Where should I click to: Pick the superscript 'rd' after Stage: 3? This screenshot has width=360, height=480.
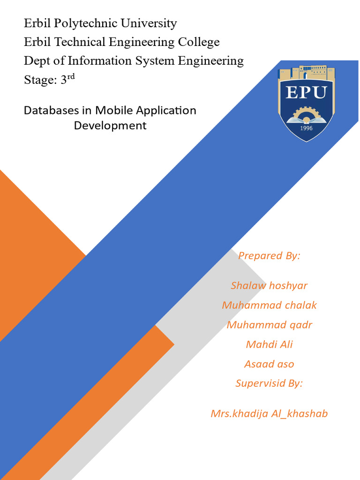pyautogui.click(x=71, y=77)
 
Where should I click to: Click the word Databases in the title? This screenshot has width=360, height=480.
pyautogui.click(x=51, y=111)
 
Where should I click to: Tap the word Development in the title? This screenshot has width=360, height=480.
pyautogui.click(x=110, y=126)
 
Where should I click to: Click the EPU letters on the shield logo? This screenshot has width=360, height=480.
pyautogui.click(x=306, y=92)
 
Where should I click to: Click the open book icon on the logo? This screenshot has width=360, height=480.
pyautogui.click(x=306, y=120)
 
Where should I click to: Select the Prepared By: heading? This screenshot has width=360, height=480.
pyautogui.click(x=269, y=255)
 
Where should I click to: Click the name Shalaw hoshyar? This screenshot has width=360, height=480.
pyautogui.click(x=269, y=285)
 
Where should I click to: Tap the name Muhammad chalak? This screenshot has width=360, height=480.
pyautogui.click(x=269, y=305)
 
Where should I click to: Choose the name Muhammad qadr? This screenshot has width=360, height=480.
pyautogui.click(x=269, y=325)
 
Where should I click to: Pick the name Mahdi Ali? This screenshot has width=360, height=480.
pyautogui.click(x=269, y=345)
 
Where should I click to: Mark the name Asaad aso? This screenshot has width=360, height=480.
pyautogui.click(x=269, y=364)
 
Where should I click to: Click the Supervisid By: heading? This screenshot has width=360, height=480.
pyautogui.click(x=269, y=383)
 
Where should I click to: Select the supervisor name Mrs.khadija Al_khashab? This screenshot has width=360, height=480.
pyautogui.click(x=269, y=413)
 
